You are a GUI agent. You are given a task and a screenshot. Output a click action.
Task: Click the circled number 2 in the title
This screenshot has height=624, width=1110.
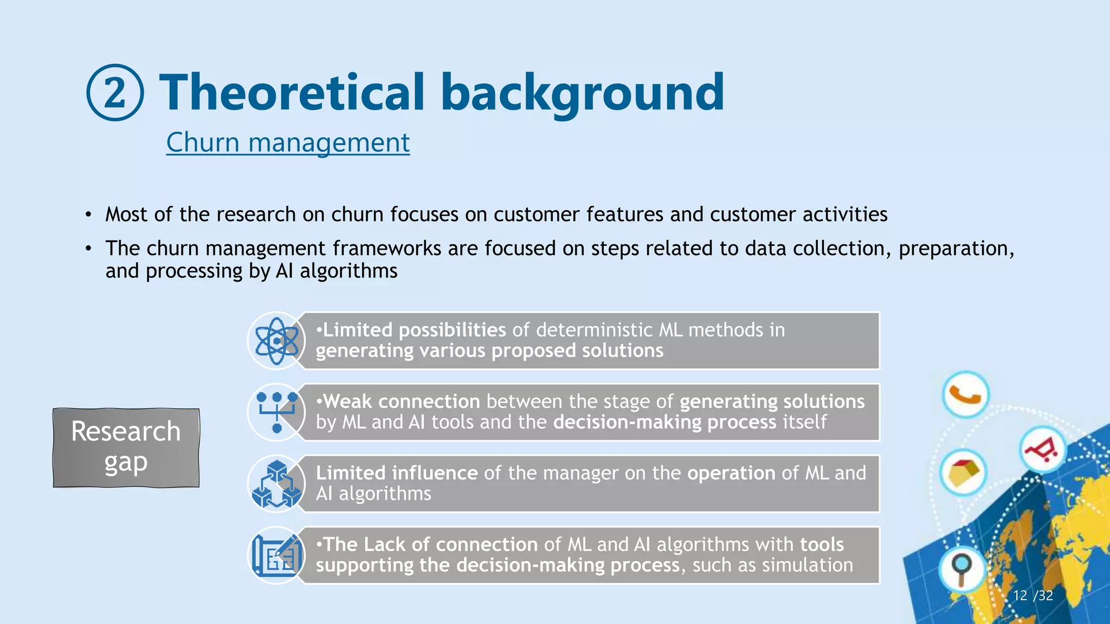click(115, 93)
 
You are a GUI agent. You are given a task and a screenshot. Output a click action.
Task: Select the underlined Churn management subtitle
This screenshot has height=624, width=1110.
click(288, 142)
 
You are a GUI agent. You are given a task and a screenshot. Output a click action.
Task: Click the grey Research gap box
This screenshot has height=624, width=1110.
click(126, 447)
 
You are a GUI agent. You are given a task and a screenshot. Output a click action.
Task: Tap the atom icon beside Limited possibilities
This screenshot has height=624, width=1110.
click(277, 341)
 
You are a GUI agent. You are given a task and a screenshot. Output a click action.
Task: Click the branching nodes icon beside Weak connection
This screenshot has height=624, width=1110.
click(277, 412)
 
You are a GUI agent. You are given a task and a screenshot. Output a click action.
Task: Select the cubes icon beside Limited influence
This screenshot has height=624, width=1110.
click(277, 484)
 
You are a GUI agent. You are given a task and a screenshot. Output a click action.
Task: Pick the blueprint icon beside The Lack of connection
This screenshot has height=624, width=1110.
click(277, 555)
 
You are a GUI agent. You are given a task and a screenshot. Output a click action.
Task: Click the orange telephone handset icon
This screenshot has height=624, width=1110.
click(965, 395)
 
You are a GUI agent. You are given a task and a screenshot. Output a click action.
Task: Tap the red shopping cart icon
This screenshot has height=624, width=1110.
click(1042, 450)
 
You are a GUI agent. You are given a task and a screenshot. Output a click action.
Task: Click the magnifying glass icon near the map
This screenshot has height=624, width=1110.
click(962, 569)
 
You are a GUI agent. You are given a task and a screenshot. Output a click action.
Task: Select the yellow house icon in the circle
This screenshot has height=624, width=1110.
click(963, 472)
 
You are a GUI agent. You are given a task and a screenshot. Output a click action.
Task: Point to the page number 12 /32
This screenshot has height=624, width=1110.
click(1032, 595)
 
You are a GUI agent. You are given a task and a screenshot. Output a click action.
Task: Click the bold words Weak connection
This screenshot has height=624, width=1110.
click(402, 401)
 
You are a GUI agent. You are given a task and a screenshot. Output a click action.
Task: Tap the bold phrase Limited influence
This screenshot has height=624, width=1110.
click(397, 473)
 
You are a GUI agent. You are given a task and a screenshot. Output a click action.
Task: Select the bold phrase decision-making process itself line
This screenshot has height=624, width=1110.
click(664, 422)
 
